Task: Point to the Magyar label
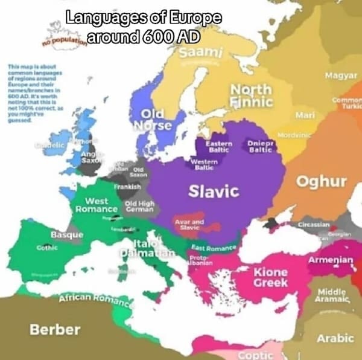click(x=341, y=75)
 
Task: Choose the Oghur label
click(x=322, y=181)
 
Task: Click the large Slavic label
click(x=214, y=191)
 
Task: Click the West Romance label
click(x=97, y=205)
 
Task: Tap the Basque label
click(x=67, y=234)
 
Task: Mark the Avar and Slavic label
click(x=189, y=224)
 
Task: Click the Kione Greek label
click(x=270, y=277)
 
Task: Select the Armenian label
click(x=331, y=259)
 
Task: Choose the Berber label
click(x=55, y=329)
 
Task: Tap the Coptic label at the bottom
click(x=256, y=355)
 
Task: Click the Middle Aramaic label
click(x=332, y=295)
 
